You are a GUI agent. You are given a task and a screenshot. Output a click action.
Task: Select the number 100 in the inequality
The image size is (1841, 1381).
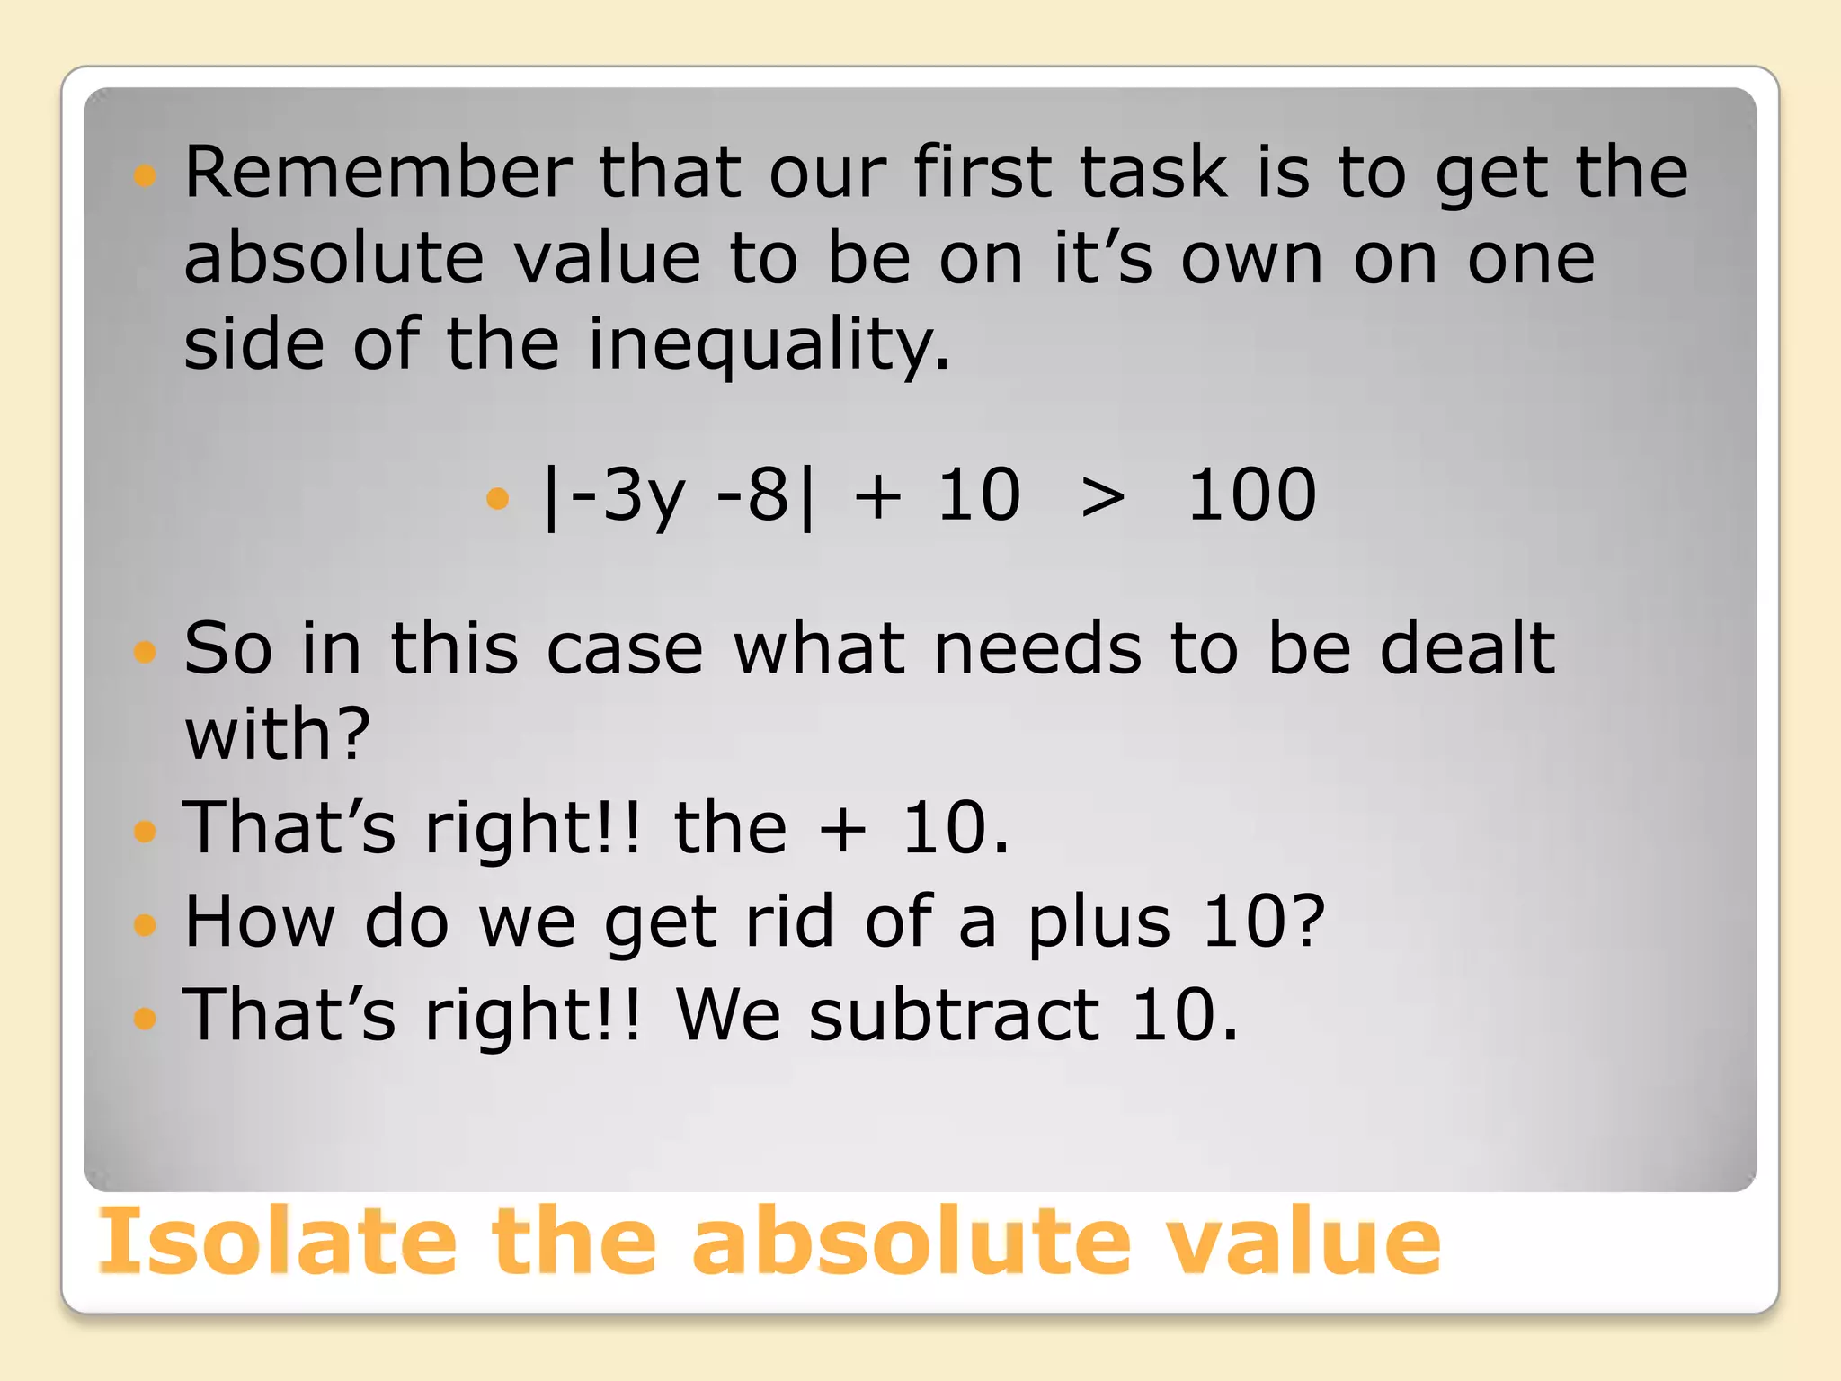[x=1251, y=495]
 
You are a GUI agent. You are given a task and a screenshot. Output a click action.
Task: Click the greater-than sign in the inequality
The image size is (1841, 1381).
[x=1103, y=497]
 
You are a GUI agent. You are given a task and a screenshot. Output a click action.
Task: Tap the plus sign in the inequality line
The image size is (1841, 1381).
[x=878, y=497]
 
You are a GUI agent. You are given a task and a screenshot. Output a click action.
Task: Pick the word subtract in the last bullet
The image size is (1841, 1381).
[x=954, y=1015]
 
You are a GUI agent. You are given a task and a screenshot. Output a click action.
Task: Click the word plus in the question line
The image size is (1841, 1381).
[x=1099, y=923]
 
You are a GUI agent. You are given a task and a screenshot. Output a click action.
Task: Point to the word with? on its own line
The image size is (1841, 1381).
[x=277, y=734]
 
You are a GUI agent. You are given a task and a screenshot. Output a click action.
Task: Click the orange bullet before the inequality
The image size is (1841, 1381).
[x=497, y=497]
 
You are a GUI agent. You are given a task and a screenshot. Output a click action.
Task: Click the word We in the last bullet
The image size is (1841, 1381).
[x=727, y=1015]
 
